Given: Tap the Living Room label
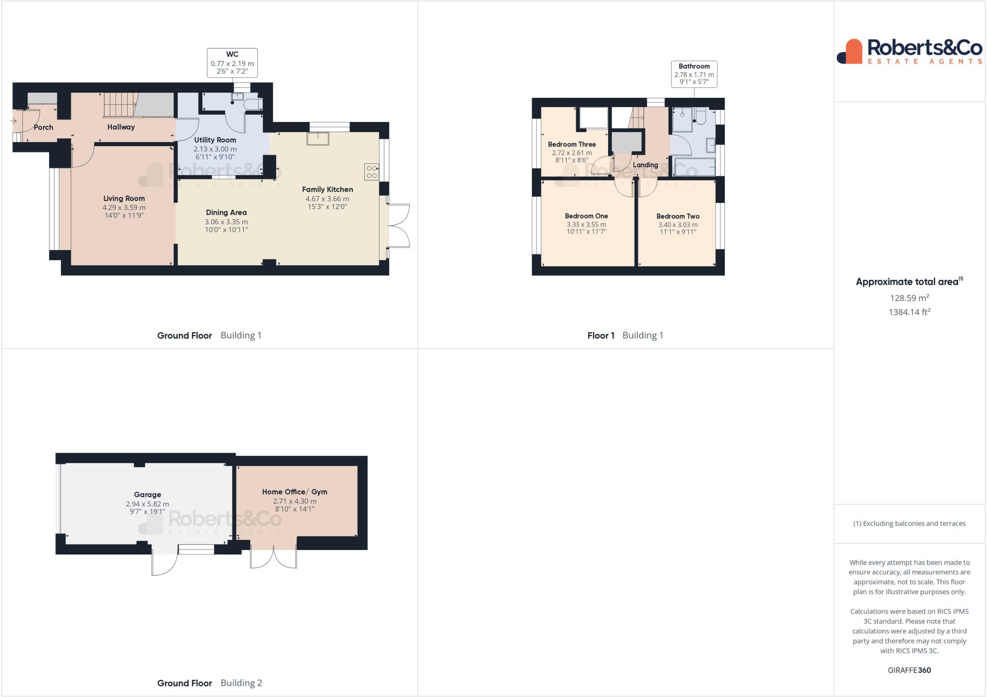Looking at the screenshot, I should (x=124, y=198).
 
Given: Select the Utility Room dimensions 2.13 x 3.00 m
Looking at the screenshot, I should (x=215, y=149).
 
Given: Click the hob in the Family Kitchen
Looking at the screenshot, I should (x=372, y=172).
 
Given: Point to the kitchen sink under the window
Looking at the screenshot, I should (x=319, y=138).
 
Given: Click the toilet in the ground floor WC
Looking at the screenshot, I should (x=253, y=105).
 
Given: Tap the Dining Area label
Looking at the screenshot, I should (x=226, y=212).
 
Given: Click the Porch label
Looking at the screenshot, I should (x=43, y=127).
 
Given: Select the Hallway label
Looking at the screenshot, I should (x=121, y=127).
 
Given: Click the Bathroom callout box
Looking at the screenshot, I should (x=694, y=74).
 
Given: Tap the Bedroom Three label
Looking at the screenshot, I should (x=572, y=144).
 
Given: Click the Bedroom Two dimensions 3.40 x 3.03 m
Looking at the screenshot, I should (x=678, y=225).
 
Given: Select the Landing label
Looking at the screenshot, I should (x=645, y=165).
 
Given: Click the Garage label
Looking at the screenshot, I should (x=147, y=495).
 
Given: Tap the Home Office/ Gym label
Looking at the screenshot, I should (x=294, y=492).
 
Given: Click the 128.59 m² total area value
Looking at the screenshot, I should (x=909, y=298).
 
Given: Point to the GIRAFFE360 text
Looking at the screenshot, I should (x=909, y=670).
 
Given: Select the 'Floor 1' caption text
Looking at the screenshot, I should (x=600, y=335).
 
